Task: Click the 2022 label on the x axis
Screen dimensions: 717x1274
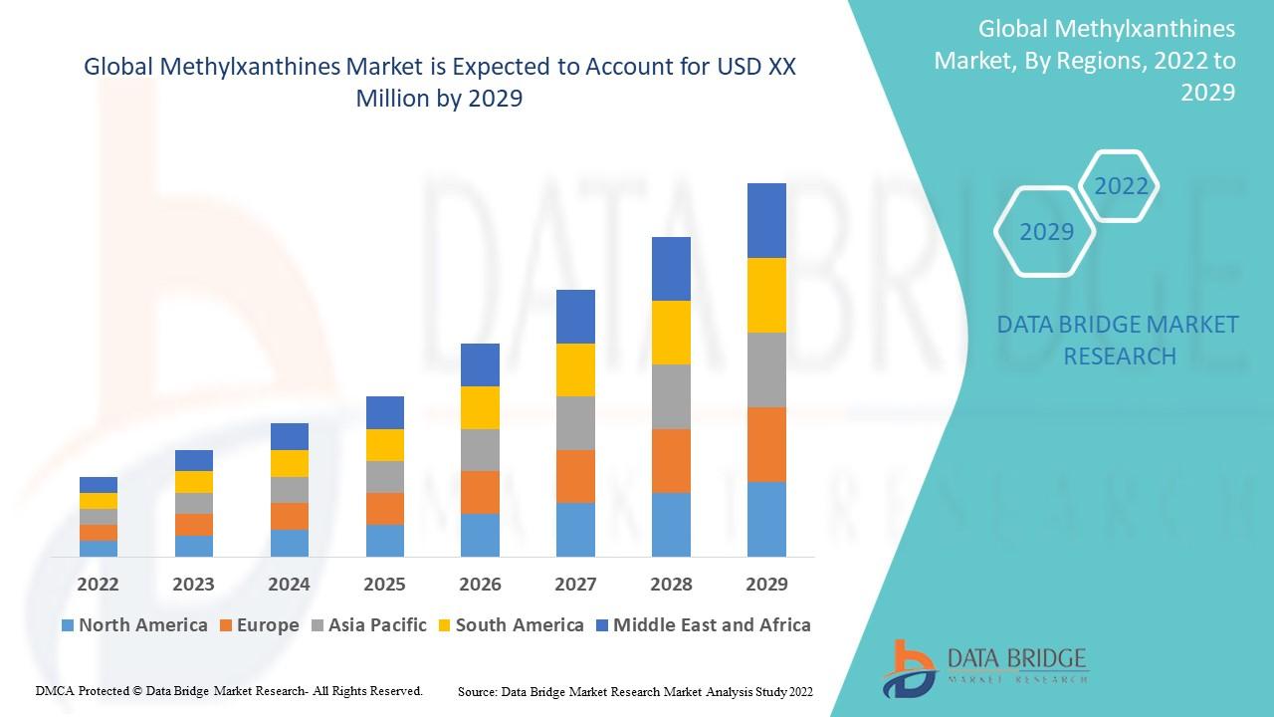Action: coord(98,584)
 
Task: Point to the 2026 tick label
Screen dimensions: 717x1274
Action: coord(480,584)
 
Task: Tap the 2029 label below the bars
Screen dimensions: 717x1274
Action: coord(766,584)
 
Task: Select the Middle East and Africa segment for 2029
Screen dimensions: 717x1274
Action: coord(766,220)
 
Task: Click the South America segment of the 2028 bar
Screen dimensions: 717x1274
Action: coord(671,332)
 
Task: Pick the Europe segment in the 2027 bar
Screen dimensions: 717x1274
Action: coord(575,476)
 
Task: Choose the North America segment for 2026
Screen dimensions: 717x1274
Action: coord(480,535)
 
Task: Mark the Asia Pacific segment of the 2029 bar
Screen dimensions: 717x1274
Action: coord(766,369)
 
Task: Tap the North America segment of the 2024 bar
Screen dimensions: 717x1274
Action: coord(289,543)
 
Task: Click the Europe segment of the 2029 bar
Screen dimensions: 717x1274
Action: coord(766,444)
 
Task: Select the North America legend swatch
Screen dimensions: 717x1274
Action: coord(68,625)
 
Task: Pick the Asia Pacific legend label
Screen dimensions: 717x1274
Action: coord(376,625)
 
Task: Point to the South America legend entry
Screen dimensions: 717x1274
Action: coord(519,625)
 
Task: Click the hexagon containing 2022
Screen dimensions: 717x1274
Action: coord(1121,186)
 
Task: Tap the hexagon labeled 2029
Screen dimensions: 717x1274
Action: coord(1046,232)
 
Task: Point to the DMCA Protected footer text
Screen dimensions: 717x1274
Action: coord(229,690)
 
